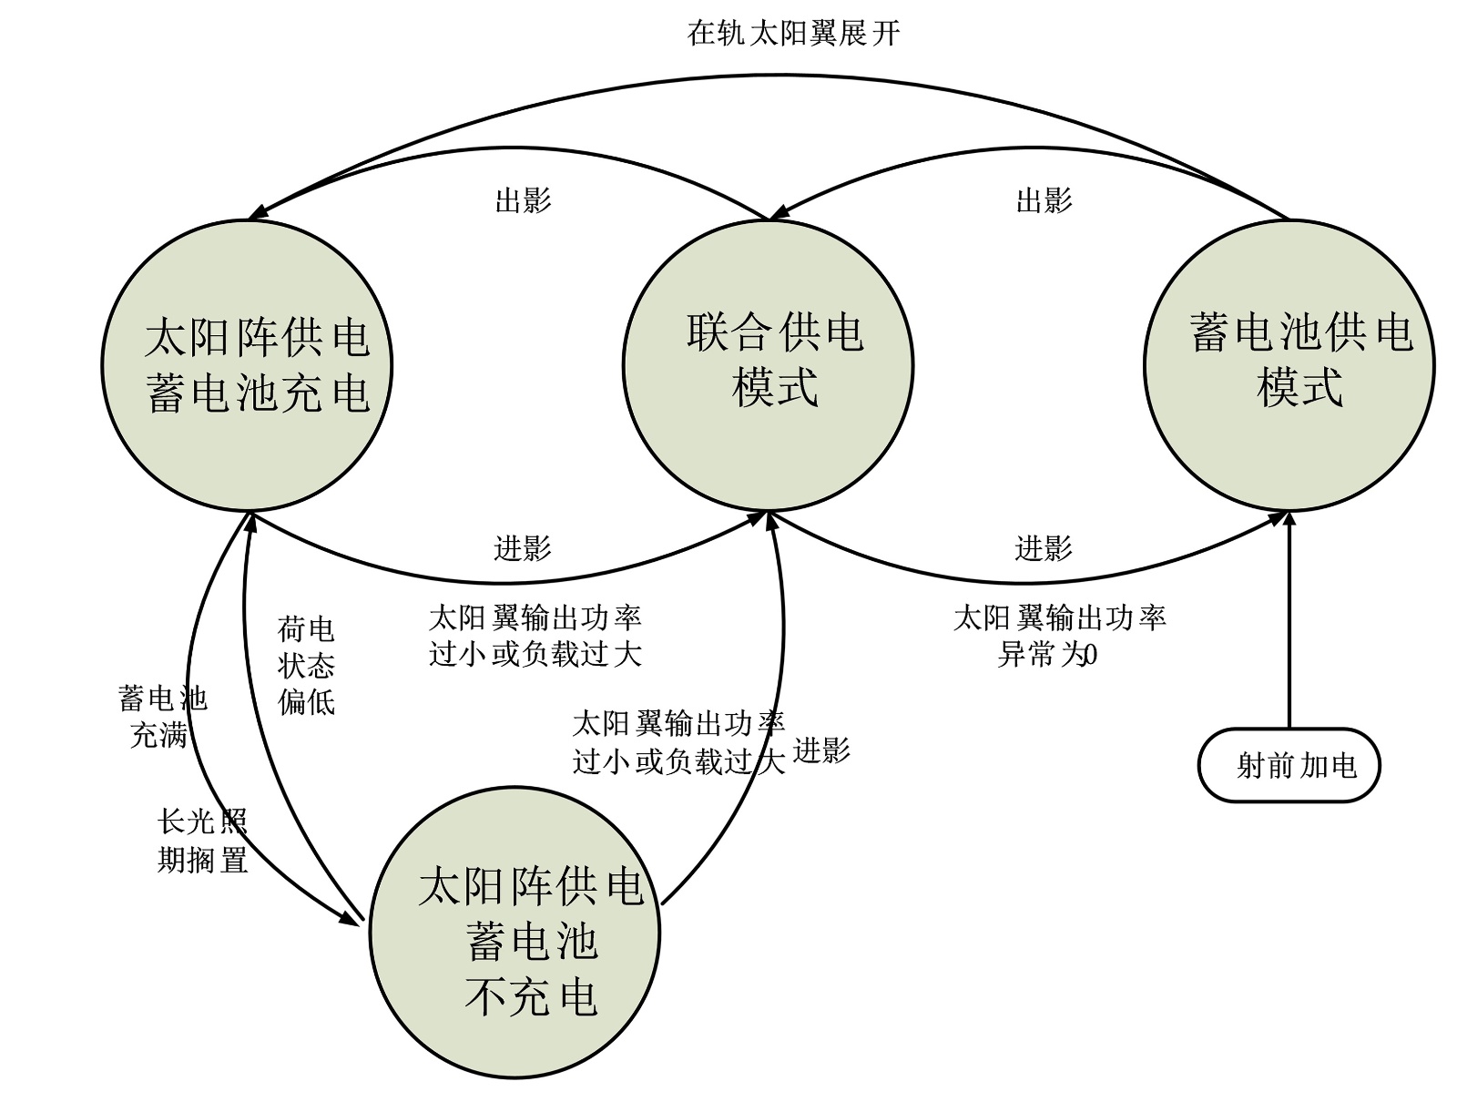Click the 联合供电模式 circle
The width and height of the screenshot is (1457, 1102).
tap(768, 364)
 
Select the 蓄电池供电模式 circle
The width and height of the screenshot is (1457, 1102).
tap(1289, 364)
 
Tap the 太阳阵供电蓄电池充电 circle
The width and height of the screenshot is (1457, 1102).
tap(247, 364)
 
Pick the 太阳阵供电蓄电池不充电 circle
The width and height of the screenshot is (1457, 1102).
tap(515, 933)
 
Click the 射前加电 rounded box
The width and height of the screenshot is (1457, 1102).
tap(1289, 765)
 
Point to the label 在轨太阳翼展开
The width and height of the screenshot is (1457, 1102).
tap(793, 34)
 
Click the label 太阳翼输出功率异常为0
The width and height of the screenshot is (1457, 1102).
tap(1058, 636)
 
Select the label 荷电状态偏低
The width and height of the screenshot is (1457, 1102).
tap(306, 666)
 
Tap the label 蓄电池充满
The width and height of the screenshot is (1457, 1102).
tap(162, 717)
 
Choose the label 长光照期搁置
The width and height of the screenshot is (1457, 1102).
tap(202, 841)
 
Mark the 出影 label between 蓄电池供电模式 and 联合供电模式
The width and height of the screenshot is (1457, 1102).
tap(1044, 200)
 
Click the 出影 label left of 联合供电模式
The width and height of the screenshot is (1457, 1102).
tap(523, 200)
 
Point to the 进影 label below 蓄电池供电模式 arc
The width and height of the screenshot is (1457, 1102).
tap(1044, 548)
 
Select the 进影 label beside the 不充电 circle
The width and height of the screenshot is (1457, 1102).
tap(821, 751)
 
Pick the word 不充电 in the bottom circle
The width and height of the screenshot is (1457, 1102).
tap(531, 996)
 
